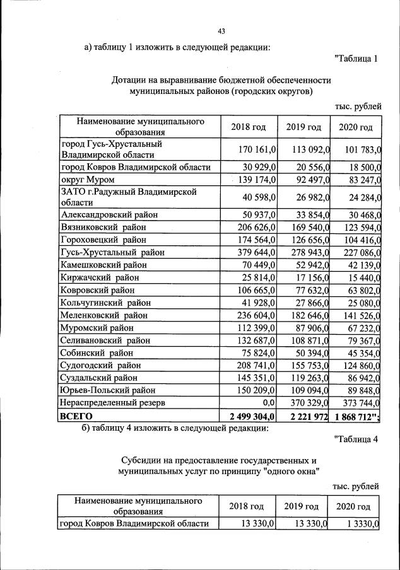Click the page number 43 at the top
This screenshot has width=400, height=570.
tap(221, 32)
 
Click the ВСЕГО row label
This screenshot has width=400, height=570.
tap(76, 416)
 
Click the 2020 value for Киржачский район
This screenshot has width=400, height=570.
tap(358, 277)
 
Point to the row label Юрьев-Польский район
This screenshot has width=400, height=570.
tap(108, 390)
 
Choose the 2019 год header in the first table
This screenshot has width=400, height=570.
tap(303, 127)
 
